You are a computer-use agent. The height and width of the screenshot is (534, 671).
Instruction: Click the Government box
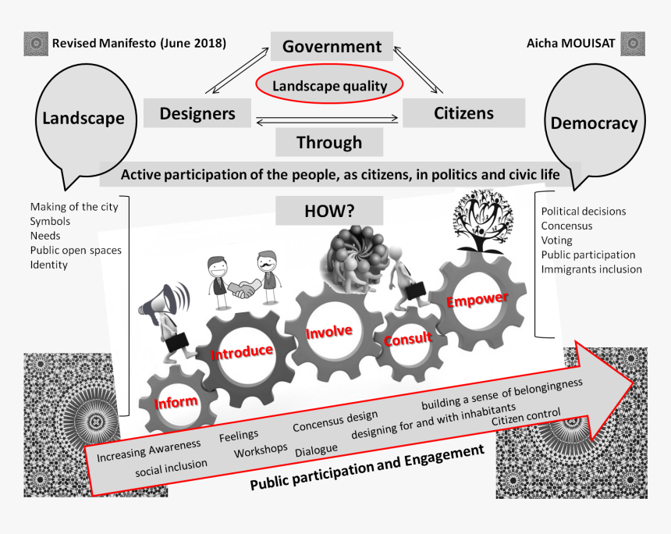pos(332,46)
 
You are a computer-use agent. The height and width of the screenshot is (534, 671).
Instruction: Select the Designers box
pos(197,113)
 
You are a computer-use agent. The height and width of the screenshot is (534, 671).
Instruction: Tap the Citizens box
pos(464,113)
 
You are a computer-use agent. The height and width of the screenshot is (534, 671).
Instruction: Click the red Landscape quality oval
pos(329,84)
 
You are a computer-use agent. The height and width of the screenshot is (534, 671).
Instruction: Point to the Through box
pos(329,142)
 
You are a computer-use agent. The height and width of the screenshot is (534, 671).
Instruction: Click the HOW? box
pos(329,211)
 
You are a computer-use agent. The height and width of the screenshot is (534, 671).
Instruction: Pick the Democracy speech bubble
pos(595,124)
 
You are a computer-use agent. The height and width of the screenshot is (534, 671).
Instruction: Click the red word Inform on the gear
pos(176,403)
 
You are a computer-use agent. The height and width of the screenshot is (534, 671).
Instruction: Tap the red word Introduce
pos(242,352)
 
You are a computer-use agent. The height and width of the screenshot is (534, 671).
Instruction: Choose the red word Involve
pos(329,332)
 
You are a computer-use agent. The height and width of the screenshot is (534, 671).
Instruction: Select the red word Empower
pos(478,299)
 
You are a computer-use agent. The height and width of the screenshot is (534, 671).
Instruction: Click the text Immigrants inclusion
pos(591,269)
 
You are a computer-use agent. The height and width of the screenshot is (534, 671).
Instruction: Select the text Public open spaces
pos(76,251)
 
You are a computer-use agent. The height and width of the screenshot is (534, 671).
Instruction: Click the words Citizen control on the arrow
pos(526,417)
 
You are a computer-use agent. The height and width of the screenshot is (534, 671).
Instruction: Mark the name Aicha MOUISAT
pos(570,43)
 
